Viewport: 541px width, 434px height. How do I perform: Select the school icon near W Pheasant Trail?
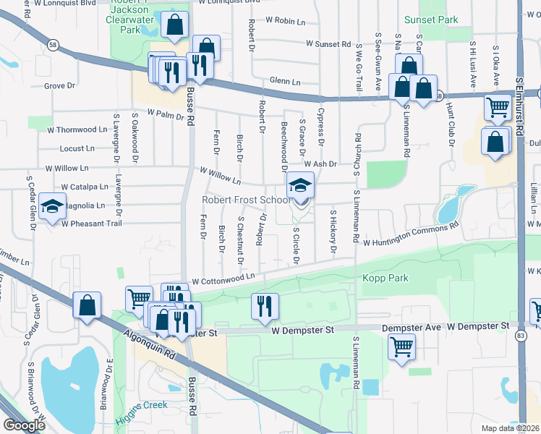[52, 208]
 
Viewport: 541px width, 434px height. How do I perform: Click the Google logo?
[24, 425]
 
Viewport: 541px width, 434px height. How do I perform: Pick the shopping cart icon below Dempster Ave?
[401, 346]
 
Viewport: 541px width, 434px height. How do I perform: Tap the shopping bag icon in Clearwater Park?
[174, 26]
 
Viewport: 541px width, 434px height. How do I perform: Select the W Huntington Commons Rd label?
[412, 236]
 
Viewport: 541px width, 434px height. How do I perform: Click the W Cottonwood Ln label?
[223, 278]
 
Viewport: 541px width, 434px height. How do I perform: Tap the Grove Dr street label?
[59, 86]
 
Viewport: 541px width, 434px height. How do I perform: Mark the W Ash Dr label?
[320, 164]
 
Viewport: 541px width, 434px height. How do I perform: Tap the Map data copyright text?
[511, 428]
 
